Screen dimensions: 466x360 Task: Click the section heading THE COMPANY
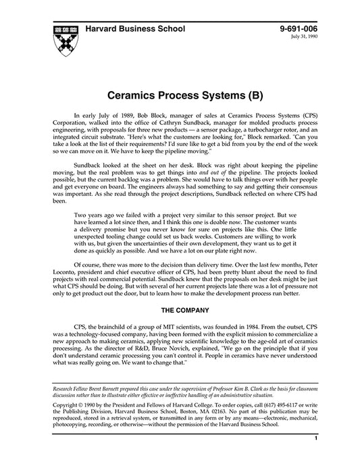pyautogui.click(x=180, y=310)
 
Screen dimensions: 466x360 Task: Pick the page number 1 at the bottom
pyautogui.click(x=316, y=457)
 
